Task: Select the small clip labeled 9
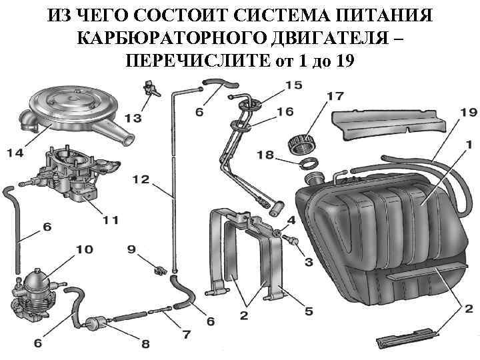159,270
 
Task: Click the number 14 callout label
15,153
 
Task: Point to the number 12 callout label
141,179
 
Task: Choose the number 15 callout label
293,85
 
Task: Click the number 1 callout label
469,142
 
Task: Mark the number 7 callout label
186,333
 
